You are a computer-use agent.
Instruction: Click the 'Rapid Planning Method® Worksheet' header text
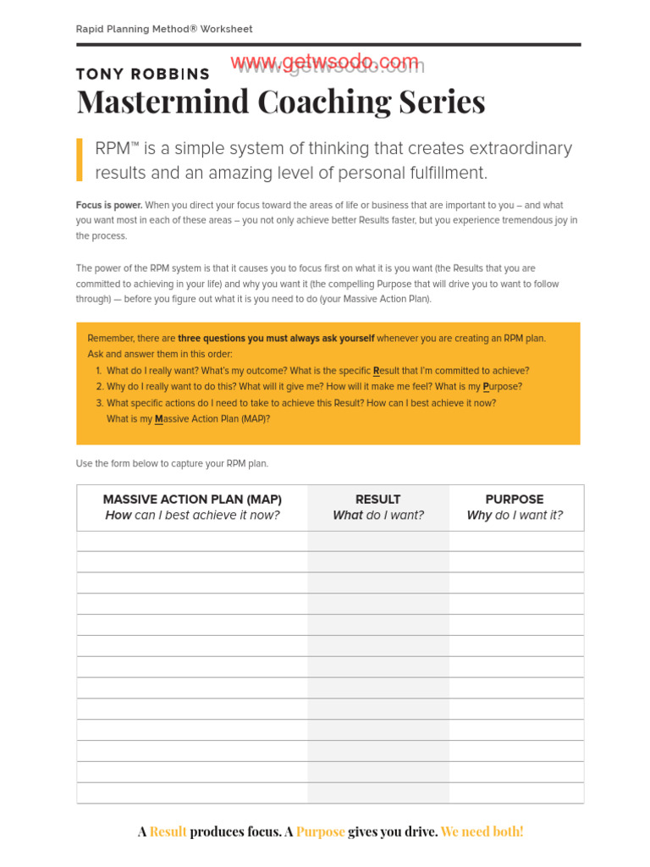(x=164, y=29)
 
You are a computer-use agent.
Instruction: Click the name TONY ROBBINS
(x=142, y=75)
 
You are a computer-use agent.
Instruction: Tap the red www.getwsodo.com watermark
(x=324, y=62)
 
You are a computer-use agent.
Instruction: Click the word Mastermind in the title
(x=163, y=102)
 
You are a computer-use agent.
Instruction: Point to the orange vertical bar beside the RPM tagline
(x=80, y=160)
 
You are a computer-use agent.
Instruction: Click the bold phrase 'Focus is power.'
(x=109, y=206)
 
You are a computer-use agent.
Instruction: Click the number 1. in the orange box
(x=98, y=371)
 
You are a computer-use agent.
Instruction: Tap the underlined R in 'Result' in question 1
(x=377, y=371)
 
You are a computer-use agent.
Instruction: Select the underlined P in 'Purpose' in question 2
(x=486, y=387)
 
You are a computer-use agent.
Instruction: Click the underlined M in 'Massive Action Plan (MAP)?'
(x=158, y=419)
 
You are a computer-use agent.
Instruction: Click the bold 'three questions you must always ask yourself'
(x=276, y=339)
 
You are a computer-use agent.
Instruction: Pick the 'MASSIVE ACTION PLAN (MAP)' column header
(x=192, y=500)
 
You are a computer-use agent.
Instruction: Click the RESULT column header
(x=378, y=500)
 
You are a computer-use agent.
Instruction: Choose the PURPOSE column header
(x=515, y=500)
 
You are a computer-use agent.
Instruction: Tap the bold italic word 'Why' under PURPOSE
(x=479, y=516)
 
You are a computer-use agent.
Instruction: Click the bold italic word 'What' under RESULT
(x=347, y=516)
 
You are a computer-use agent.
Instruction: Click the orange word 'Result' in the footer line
(x=168, y=831)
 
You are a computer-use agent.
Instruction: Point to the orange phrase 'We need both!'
(x=482, y=831)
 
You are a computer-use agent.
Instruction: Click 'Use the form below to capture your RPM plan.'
(x=172, y=464)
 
